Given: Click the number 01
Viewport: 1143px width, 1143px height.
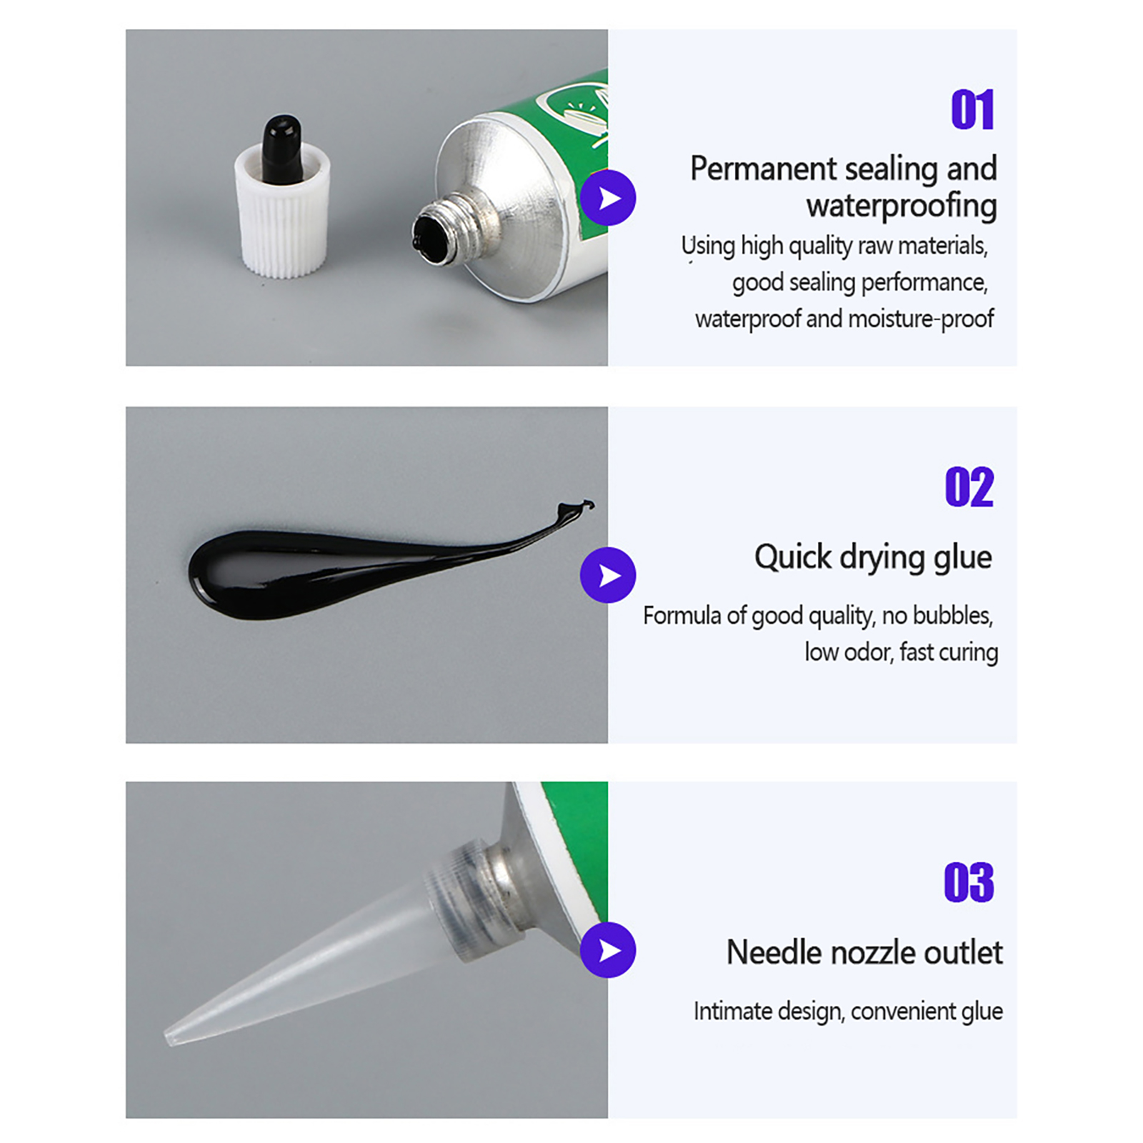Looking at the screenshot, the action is click(972, 110).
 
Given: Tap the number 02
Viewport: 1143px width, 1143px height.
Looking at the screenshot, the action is click(969, 487).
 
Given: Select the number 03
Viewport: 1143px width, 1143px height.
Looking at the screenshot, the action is click(969, 882).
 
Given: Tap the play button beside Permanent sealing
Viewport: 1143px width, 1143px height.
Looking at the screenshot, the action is click(608, 198).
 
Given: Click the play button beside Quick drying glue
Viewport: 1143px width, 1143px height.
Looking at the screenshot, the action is click(608, 575).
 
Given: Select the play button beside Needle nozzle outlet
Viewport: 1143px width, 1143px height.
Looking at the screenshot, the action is click(608, 950).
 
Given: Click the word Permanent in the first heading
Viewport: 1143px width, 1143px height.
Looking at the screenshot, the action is click(763, 169).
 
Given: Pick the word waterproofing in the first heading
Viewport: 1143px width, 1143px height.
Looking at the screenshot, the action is click(902, 206).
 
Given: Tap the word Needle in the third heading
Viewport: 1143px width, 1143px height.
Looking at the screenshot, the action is click(769, 952).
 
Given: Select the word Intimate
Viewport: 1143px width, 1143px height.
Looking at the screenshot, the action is click(733, 1012).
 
